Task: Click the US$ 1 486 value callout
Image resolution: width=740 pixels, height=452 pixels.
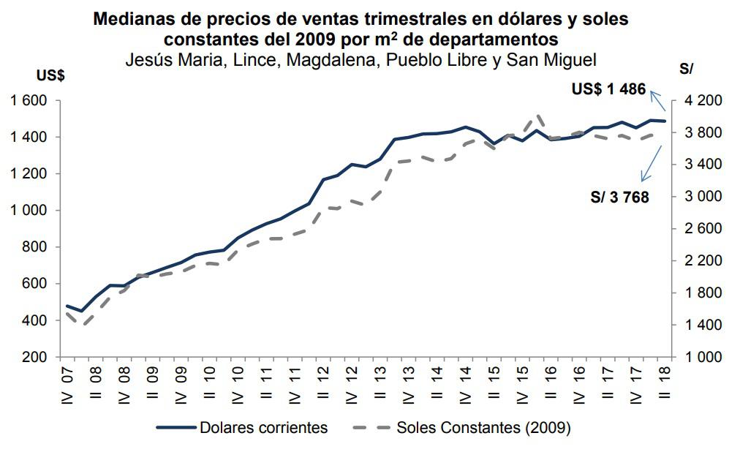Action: pos(608,89)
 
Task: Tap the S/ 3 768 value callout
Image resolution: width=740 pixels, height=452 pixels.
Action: pos(619,197)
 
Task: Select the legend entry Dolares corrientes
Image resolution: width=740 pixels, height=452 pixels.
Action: pos(263,428)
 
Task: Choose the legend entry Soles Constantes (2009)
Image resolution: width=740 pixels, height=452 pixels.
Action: pos(483,428)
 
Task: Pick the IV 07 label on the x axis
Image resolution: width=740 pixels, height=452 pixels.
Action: pos(68,387)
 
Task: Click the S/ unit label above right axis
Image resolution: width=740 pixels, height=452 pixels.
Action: pos(686,69)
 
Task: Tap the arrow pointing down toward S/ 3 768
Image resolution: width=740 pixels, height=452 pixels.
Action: pos(651,163)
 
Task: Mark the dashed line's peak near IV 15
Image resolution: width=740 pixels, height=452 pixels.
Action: pos(538,115)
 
